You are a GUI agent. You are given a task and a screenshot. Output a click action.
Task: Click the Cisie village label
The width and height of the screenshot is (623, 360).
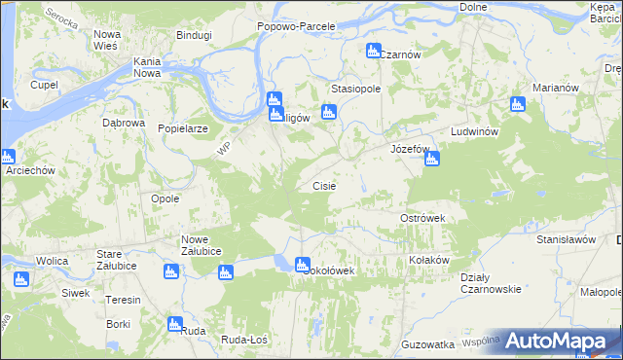click(324, 185)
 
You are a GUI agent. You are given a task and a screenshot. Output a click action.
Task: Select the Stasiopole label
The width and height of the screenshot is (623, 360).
click(354, 88)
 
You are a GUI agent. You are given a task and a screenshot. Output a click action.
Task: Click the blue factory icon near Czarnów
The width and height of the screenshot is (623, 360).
click(372, 51)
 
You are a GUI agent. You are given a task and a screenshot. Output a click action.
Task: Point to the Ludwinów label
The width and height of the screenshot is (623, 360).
click(475, 131)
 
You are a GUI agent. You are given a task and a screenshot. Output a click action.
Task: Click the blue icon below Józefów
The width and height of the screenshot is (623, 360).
click(432, 159)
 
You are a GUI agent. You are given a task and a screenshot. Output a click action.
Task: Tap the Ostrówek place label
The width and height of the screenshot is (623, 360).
click(422, 218)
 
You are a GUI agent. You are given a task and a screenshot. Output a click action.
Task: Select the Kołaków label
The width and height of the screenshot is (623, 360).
click(428, 260)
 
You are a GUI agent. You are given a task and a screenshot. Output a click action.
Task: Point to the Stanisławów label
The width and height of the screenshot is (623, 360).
click(566, 237)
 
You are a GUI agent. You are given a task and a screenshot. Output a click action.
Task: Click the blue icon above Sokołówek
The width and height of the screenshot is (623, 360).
click(302, 264)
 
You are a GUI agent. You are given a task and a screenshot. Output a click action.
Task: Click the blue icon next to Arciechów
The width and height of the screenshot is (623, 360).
click(9, 157)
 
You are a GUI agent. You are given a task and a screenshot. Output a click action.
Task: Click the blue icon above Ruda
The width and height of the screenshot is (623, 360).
click(175, 324)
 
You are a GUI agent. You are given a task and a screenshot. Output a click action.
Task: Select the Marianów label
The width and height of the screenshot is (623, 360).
click(556, 88)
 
